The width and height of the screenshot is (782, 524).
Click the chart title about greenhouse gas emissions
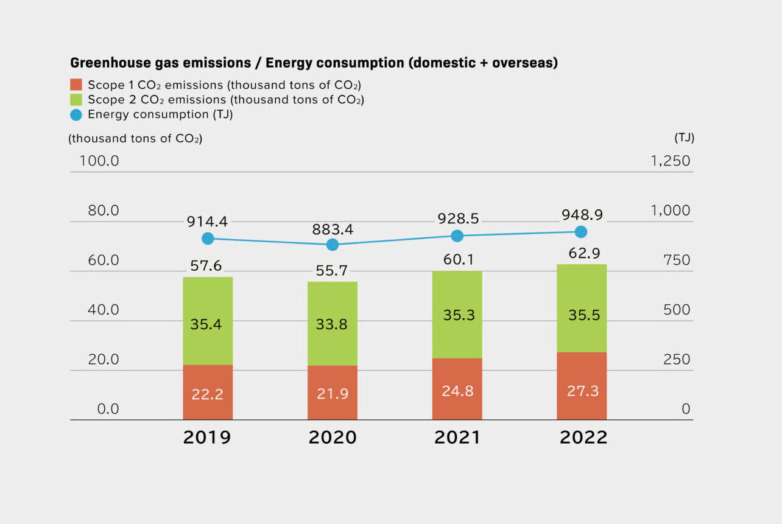pyautogui.click(x=314, y=63)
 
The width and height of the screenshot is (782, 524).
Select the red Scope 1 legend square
pyautogui.click(x=76, y=85)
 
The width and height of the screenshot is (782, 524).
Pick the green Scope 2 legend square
pyautogui.click(x=76, y=99)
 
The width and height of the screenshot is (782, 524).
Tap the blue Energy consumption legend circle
pyautogui.click(x=76, y=114)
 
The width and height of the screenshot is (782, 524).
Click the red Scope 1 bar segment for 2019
pyautogui.click(x=208, y=393)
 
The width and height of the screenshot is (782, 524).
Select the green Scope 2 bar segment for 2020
pyautogui.click(x=332, y=324)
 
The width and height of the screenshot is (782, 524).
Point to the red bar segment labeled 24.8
pyautogui.click(x=457, y=390)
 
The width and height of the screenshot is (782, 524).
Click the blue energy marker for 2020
pyautogui.click(x=332, y=245)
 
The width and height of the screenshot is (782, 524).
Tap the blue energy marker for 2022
pyautogui.click(x=581, y=231)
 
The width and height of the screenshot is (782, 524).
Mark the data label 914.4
pyautogui.click(x=207, y=222)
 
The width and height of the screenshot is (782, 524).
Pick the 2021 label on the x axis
pyautogui.click(x=457, y=438)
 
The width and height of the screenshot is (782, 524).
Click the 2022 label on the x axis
pyautogui.click(x=583, y=438)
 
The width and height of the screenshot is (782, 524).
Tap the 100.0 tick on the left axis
pyautogui.click(x=99, y=161)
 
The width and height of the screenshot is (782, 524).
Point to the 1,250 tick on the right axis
pyautogui.click(x=670, y=161)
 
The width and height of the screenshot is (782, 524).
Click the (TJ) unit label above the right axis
pyautogui.click(x=684, y=138)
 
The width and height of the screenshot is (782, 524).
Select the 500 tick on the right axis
pyautogui.click(x=677, y=310)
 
